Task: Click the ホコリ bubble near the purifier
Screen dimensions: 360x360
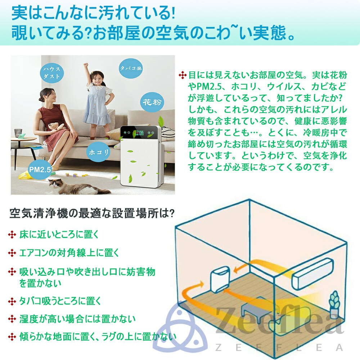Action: [98, 152]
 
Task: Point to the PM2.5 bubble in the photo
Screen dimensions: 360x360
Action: [39, 169]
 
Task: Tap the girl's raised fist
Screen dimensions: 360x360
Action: [86, 66]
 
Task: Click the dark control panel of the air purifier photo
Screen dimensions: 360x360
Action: [140, 134]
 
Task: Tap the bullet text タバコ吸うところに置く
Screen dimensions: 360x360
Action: [60, 301]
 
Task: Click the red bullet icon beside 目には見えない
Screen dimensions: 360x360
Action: [183, 75]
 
